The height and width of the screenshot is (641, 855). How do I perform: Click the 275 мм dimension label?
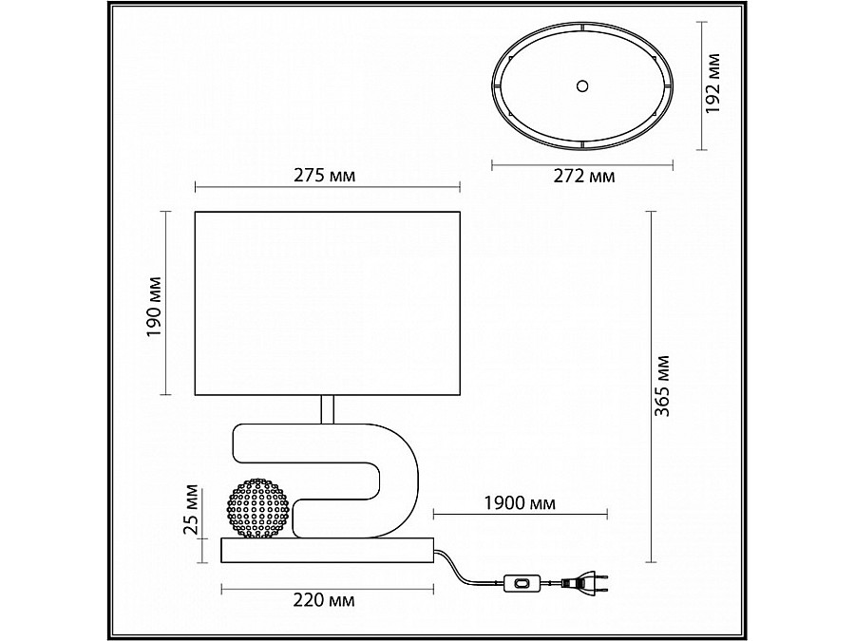pos(325,176)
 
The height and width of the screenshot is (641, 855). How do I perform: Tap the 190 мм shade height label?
pos(155,307)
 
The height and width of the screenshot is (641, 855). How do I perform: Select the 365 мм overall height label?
pos(662,386)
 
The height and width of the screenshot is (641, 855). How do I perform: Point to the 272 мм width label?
pos(584,176)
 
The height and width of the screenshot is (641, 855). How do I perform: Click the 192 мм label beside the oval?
pos(712,84)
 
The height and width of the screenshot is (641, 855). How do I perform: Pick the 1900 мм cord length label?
pos(520,502)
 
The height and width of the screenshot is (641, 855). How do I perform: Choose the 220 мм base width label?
pos(324,600)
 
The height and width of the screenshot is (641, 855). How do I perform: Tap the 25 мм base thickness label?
pos(191,509)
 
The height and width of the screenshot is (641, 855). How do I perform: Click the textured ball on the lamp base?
pos(257,509)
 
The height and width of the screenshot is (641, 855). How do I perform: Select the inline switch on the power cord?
pos(522,583)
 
